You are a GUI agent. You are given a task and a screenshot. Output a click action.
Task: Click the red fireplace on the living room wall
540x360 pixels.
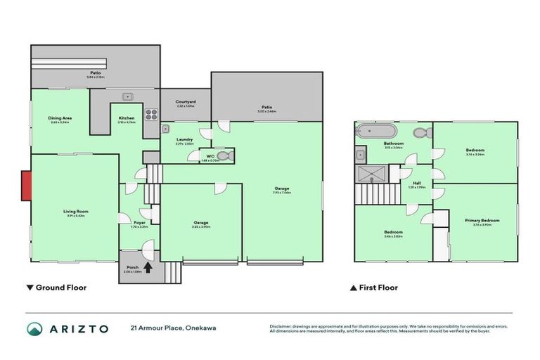(25, 186)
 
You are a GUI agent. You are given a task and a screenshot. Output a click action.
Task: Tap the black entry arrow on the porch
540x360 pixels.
(148, 266)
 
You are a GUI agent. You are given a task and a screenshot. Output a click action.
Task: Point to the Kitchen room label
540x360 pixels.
(127, 117)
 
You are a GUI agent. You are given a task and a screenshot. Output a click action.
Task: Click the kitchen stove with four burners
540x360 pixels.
(150, 113)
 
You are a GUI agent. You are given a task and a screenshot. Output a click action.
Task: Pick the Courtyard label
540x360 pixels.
(186, 102)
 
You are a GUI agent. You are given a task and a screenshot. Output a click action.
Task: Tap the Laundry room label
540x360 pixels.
(185, 139)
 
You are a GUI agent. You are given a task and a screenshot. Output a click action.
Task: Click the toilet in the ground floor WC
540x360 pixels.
(224, 156)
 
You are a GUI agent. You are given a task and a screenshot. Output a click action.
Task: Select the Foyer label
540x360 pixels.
(139, 221)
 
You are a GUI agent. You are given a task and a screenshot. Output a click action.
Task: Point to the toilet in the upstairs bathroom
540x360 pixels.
(419, 132)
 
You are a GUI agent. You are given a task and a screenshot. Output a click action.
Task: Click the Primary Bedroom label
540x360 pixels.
(482, 220)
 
